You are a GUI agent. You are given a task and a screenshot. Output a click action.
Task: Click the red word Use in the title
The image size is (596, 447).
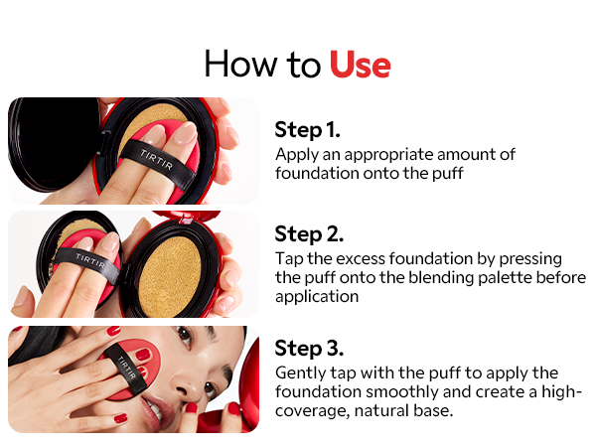point(360,65)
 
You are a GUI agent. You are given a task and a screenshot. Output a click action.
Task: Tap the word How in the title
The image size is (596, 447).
point(241,64)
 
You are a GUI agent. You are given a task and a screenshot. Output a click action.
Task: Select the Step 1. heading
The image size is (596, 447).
point(307,130)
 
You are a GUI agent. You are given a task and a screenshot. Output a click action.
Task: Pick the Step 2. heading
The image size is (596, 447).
point(309,234)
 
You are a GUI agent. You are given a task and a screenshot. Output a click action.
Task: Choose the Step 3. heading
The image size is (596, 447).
point(309,349)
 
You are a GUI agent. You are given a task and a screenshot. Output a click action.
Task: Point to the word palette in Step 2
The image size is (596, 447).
point(505,277)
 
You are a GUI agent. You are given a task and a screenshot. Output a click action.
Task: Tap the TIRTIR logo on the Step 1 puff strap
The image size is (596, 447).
point(157,160)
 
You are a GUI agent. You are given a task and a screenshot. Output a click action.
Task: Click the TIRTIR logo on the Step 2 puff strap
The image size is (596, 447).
point(90,260)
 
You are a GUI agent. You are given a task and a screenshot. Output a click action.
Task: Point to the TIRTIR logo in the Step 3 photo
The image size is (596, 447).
point(126,368)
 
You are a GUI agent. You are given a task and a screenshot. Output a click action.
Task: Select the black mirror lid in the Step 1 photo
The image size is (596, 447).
point(53,144)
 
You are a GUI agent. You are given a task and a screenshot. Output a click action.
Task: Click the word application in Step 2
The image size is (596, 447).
point(317,297)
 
